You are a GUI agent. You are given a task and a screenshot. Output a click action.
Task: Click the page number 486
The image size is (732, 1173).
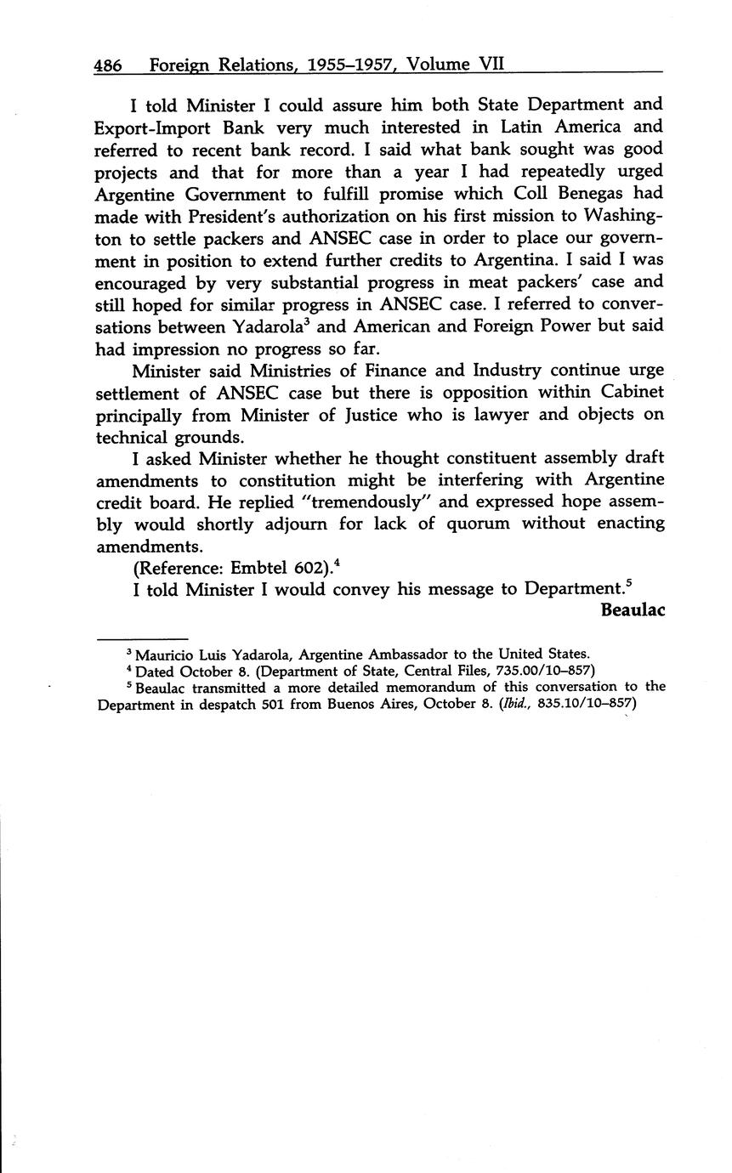point(108,65)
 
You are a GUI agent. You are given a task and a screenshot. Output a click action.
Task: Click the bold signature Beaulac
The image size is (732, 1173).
point(632,610)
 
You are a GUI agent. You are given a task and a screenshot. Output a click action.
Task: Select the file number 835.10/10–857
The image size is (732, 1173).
point(588,704)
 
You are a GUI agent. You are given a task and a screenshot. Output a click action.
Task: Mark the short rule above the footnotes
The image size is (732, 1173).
point(142,638)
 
